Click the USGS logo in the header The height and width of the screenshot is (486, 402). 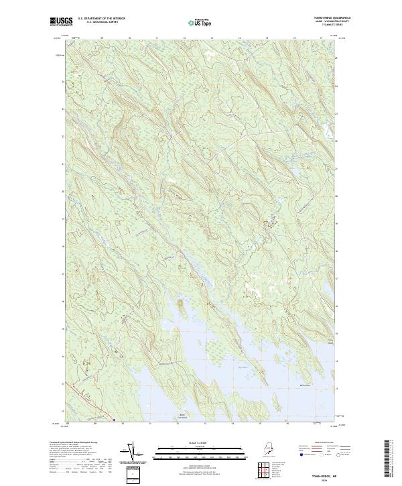[61, 21]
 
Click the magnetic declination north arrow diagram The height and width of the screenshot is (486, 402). [131, 453]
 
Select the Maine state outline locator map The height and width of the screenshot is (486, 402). [265, 448]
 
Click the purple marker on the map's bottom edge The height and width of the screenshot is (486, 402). [115, 421]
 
